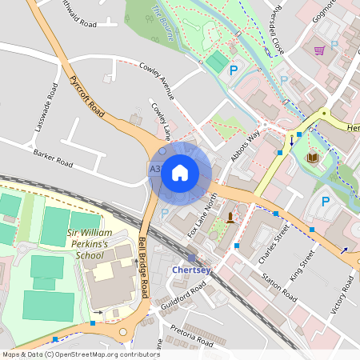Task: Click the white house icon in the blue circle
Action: pos(180,173)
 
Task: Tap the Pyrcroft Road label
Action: pos(86,97)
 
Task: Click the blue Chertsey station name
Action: pos(191,270)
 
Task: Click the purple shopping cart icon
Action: pos(319,50)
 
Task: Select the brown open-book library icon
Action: pos(312,157)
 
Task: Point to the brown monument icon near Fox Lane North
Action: pos(230,217)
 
